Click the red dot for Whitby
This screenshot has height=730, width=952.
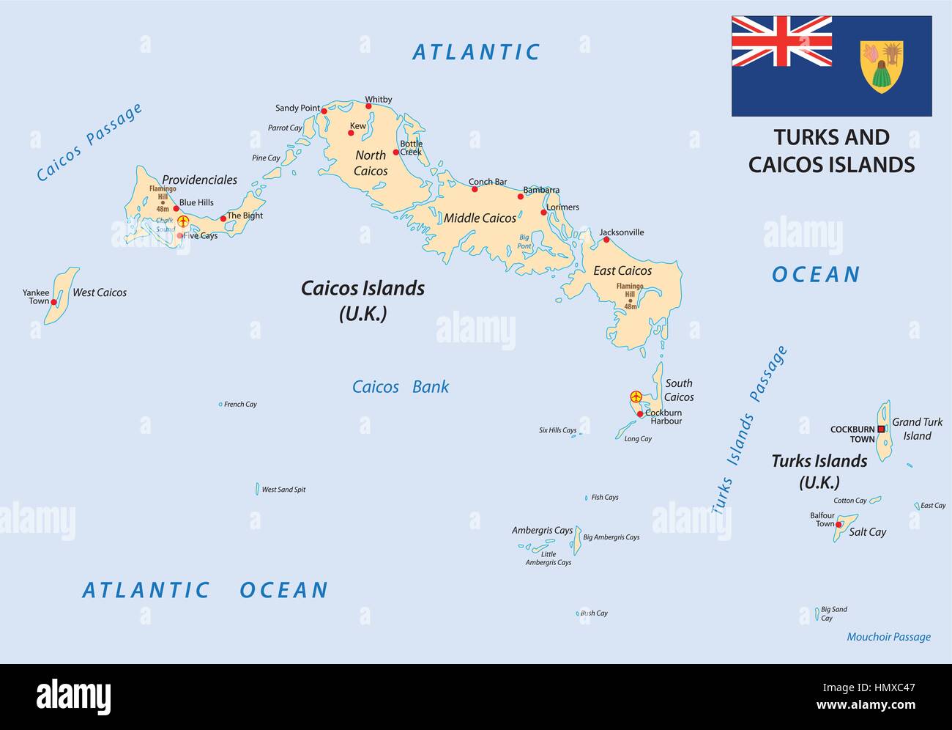[368, 106]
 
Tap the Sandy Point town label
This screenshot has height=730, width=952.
[297, 108]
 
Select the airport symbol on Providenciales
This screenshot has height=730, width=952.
[183, 221]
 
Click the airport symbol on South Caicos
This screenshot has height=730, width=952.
[636, 397]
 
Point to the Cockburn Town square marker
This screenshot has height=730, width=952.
[880, 429]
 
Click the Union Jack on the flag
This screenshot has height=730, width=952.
[781, 41]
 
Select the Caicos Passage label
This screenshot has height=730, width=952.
[89, 142]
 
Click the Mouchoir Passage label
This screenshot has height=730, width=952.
[888, 637]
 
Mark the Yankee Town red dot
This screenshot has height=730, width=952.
[53, 301]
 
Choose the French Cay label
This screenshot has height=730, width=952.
[240, 405]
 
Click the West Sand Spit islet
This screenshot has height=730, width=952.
[257, 489]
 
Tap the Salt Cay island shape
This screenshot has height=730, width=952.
[845, 527]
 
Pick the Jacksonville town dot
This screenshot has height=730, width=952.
[606, 240]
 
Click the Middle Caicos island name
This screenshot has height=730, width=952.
[480, 218]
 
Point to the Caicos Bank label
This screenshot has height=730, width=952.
[401, 387]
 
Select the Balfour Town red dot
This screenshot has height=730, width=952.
[838, 525]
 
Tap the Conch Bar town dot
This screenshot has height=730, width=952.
[475, 189]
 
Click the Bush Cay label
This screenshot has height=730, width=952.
[594, 613]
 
